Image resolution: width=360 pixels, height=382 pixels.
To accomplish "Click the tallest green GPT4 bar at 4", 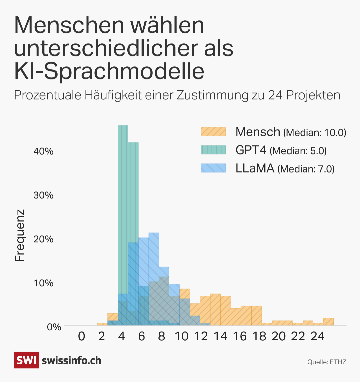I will (x=123, y=207).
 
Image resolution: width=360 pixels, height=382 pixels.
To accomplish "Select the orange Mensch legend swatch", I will (x=213, y=132).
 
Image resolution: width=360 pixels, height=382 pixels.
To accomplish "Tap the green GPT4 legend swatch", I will (x=213, y=150).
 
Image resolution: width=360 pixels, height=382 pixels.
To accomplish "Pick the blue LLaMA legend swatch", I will (x=213, y=168).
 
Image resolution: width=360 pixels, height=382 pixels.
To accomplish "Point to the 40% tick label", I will (x=44, y=151).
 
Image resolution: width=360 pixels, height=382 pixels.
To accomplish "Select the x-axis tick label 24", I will (x=317, y=336).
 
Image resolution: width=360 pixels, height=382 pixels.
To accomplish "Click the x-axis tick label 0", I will (x=81, y=336).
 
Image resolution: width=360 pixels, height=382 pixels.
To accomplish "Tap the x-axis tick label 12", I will (x=201, y=336).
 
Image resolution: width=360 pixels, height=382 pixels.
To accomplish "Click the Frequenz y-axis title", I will (x=20, y=236).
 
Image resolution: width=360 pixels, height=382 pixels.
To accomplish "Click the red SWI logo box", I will (x=26, y=360).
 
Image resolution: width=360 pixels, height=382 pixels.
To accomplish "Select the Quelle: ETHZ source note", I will (x=327, y=362).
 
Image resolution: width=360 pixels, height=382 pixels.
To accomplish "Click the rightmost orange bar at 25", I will (x=328, y=322).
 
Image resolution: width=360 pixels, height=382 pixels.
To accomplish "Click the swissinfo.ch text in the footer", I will (x=71, y=360).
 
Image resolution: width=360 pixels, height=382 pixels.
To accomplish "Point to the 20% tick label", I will (x=44, y=239).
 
